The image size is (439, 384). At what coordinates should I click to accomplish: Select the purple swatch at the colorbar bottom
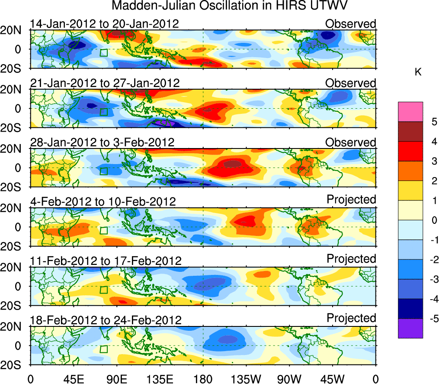coord(410,328)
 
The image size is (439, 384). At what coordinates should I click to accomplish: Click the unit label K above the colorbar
coord(418,72)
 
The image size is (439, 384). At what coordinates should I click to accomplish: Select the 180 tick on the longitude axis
coord(203,378)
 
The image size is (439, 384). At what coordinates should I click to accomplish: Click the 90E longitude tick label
coord(117,378)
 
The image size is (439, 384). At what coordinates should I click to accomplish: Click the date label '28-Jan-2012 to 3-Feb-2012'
coord(102,142)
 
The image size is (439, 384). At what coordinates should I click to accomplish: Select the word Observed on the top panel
coord(351,24)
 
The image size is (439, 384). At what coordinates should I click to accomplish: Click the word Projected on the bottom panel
coord(351,318)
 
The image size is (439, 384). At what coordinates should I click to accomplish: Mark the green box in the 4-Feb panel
coord(103,230)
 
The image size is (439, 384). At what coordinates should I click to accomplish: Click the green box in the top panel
coord(103,53)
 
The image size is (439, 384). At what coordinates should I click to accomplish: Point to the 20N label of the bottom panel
coord(15,327)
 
